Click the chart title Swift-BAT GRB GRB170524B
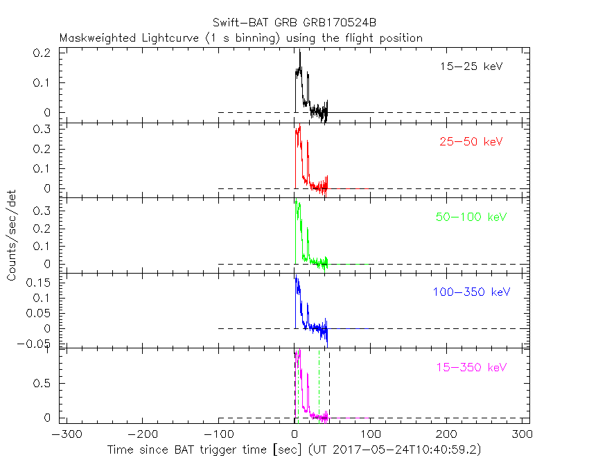click(294, 23)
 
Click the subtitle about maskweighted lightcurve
click(240, 38)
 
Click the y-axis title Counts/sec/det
click(12, 236)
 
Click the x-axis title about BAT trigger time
click(294, 450)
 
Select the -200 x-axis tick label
click(142, 435)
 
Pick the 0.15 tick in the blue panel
click(42, 283)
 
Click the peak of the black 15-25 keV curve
click(299, 53)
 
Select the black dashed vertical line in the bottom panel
click(329, 384)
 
